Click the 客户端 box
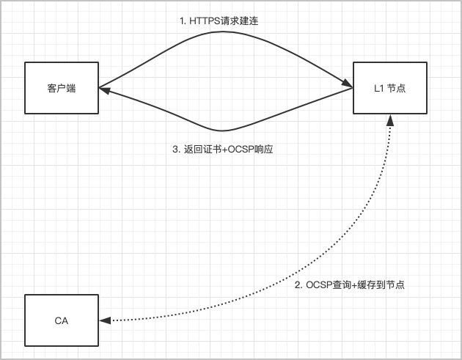(62, 88)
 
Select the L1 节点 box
(389, 88)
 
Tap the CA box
(62, 320)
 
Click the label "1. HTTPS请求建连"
(219, 22)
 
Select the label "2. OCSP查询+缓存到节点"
(349, 284)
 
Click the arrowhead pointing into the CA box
(105, 320)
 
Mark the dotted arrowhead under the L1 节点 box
(389, 120)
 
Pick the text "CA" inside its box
(62, 320)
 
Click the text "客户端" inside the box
(62, 88)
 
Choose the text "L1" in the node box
(378, 88)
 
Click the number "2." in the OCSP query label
(298, 284)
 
